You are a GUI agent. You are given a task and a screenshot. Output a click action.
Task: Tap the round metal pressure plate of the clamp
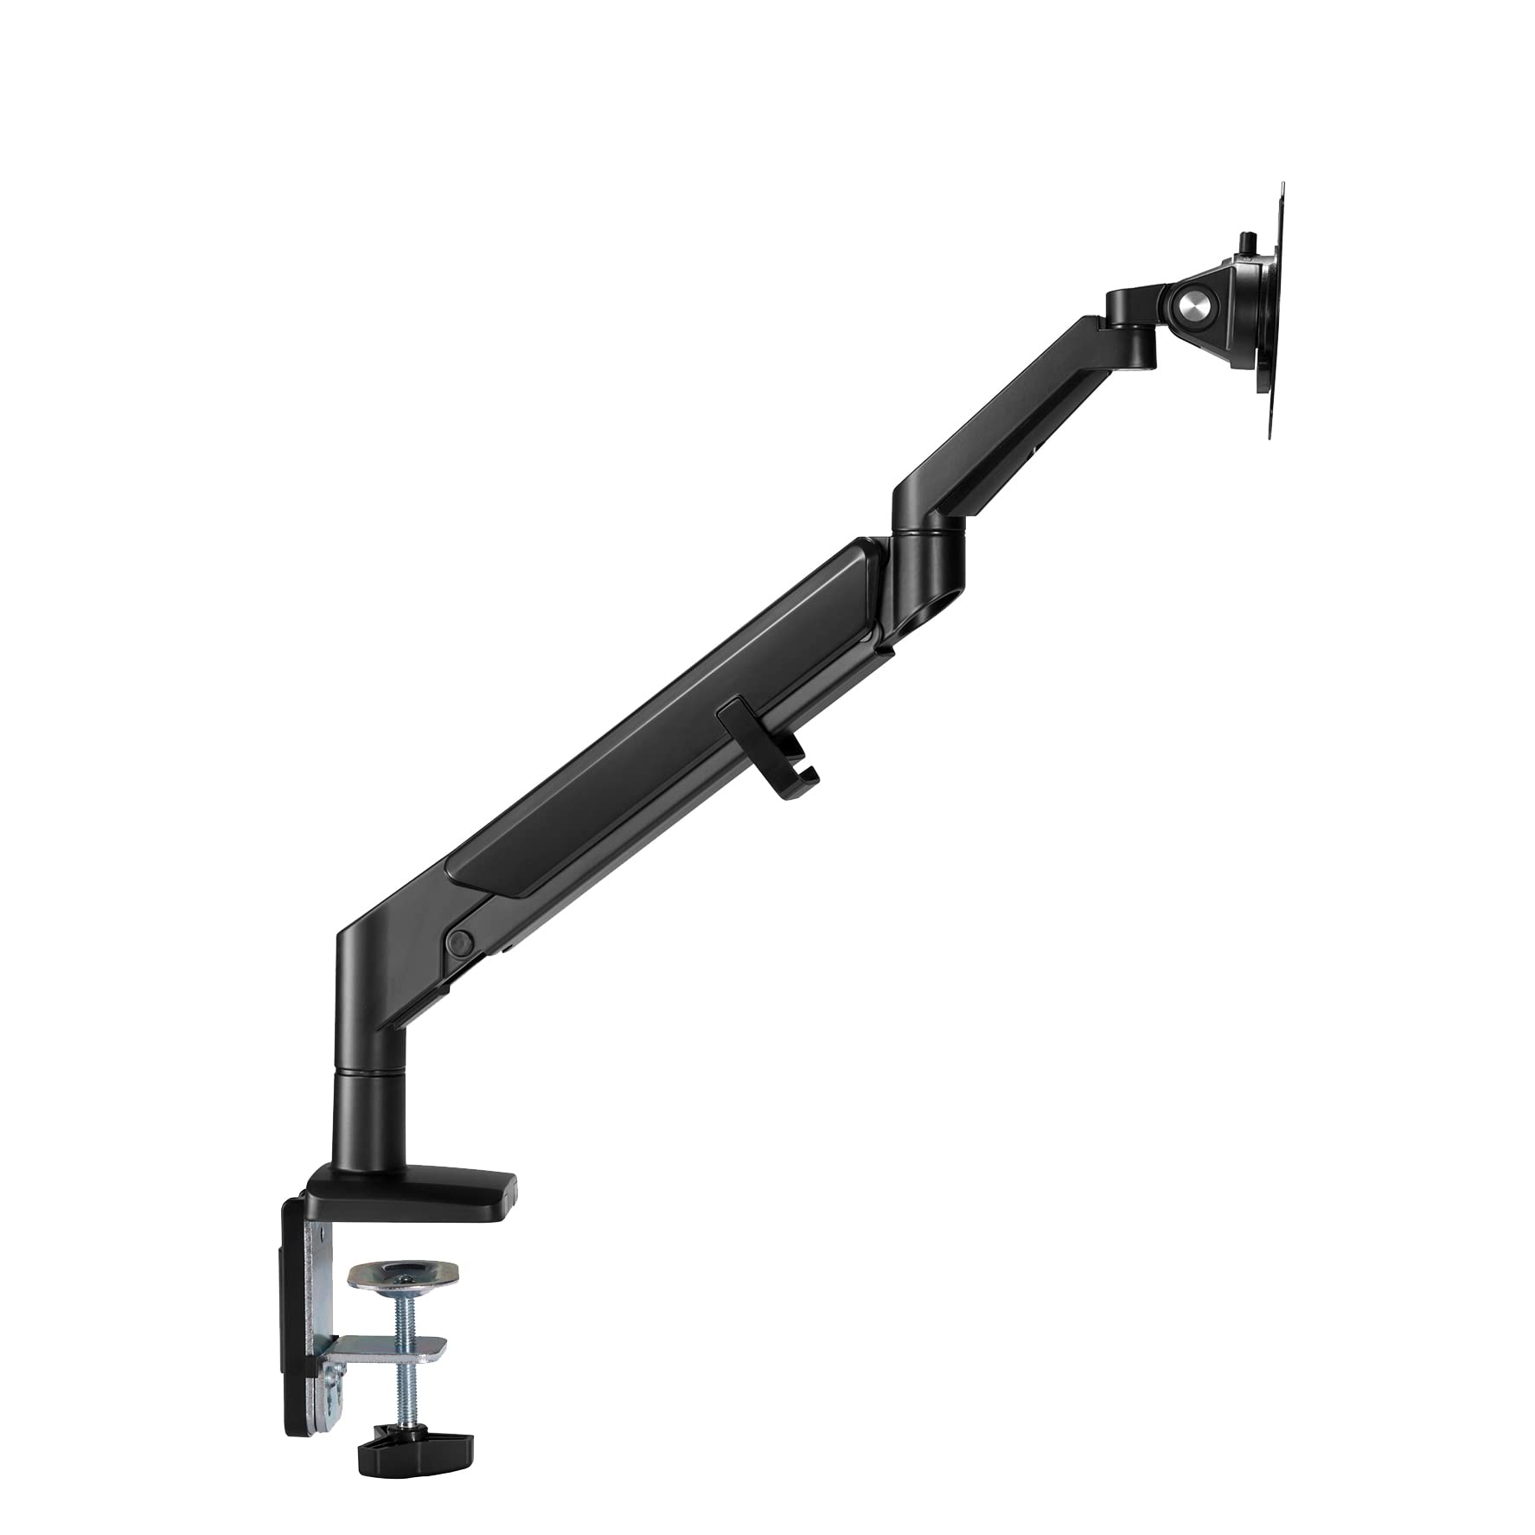click(x=404, y=1275)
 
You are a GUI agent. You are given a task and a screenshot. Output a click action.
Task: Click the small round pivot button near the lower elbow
click(x=459, y=941)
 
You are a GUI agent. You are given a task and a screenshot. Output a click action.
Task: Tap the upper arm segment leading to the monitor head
click(x=1020, y=406)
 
